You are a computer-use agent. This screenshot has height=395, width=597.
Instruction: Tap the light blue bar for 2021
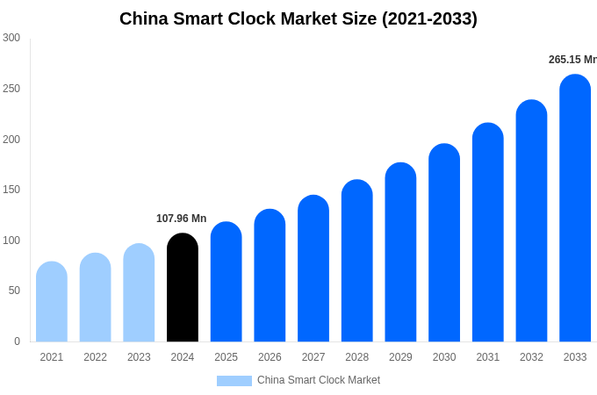pyautogui.click(x=52, y=302)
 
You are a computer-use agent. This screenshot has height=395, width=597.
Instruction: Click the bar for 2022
pyautogui.click(x=95, y=298)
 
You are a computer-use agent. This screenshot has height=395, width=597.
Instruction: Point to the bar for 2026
pyautogui.click(x=270, y=276)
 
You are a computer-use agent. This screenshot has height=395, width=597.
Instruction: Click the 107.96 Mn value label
pyautogui.click(x=181, y=219)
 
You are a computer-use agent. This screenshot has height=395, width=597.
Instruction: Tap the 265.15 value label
pyautogui.click(x=572, y=60)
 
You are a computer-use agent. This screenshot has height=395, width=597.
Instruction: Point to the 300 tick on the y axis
pyautogui.click(x=11, y=38)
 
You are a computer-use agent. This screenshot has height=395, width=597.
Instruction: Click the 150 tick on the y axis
pyautogui.click(x=11, y=190)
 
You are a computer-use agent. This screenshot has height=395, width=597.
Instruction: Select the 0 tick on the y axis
pyautogui.click(x=17, y=341)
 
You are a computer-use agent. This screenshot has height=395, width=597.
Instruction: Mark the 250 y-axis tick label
pyautogui.click(x=11, y=89)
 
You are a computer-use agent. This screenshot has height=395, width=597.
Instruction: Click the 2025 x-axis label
pyautogui.click(x=226, y=357)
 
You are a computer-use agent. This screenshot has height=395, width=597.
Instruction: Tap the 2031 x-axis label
pyautogui.click(x=488, y=357)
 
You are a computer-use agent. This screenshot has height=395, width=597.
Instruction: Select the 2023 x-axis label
pyautogui.click(x=139, y=357)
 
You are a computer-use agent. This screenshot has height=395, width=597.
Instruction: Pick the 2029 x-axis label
pyautogui.click(x=400, y=357)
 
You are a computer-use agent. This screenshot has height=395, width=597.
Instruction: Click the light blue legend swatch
pyautogui.click(x=234, y=381)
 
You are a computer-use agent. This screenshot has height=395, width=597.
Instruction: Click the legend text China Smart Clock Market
pyautogui.click(x=319, y=380)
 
